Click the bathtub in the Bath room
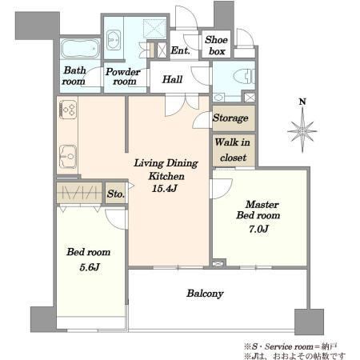point(80,49)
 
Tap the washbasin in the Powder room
point(114,40)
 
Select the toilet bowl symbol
point(244,77)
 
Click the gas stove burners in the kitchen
point(69,110)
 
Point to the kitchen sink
point(67,157)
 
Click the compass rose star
point(302,130)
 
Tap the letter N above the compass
point(302,102)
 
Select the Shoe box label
point(216,46)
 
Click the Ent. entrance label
point(180,50)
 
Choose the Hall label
point(172,79)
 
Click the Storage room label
point(230,118)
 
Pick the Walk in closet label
point(233,150)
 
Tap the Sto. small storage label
point(116,194)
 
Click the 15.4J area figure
point(165,189)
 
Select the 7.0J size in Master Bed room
point(258,229)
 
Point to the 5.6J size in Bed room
point(90,267)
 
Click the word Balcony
point(205,294)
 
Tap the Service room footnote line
point(290,346)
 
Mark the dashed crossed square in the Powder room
point(154,27)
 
